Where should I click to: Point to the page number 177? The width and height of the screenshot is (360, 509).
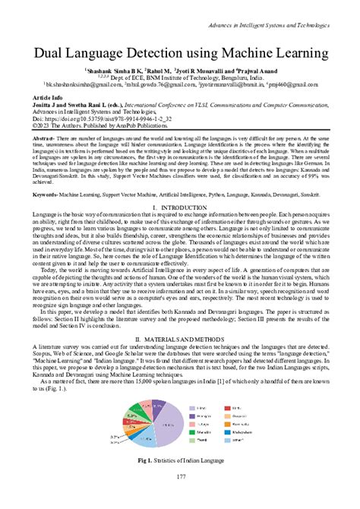[x=180, y=498]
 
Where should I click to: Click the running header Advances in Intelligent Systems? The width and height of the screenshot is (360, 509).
[x=282, y=8]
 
